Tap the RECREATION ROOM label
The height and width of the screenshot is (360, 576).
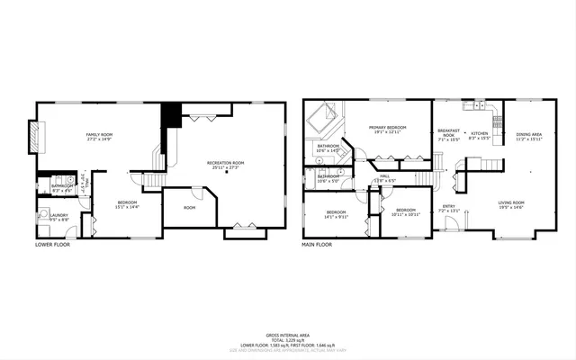(228, 163)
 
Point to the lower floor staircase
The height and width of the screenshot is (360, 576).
(151, 180)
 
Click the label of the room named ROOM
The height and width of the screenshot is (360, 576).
(189, 208)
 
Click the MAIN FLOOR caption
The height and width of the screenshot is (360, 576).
(317, 244)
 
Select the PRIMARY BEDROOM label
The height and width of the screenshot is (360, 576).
(387, 127)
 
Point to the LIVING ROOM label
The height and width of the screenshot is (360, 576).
(511, 202)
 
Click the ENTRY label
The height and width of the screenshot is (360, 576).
(448, 206)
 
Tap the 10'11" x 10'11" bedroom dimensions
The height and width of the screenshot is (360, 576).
(406, 214)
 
